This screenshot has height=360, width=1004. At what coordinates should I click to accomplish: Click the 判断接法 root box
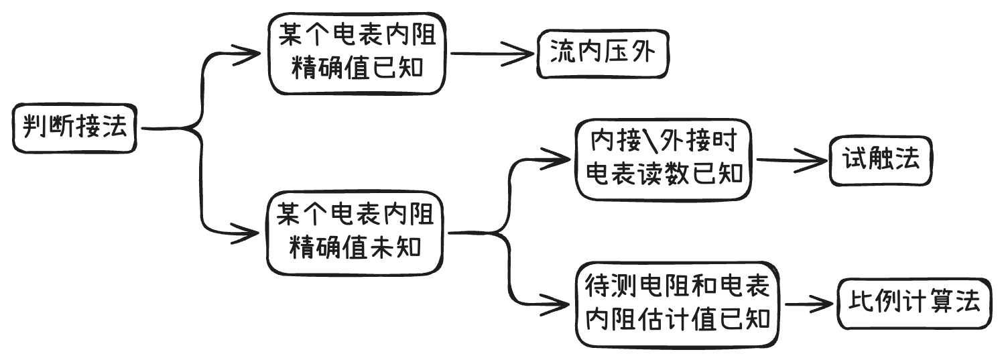75,127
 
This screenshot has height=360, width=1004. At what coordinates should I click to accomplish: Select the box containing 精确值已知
357,52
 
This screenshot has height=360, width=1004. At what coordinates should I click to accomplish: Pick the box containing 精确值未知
356,233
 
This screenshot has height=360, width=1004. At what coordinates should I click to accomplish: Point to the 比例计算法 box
914,302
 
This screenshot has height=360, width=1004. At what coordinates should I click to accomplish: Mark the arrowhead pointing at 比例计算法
826,303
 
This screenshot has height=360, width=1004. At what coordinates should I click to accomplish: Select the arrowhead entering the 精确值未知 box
252,233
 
